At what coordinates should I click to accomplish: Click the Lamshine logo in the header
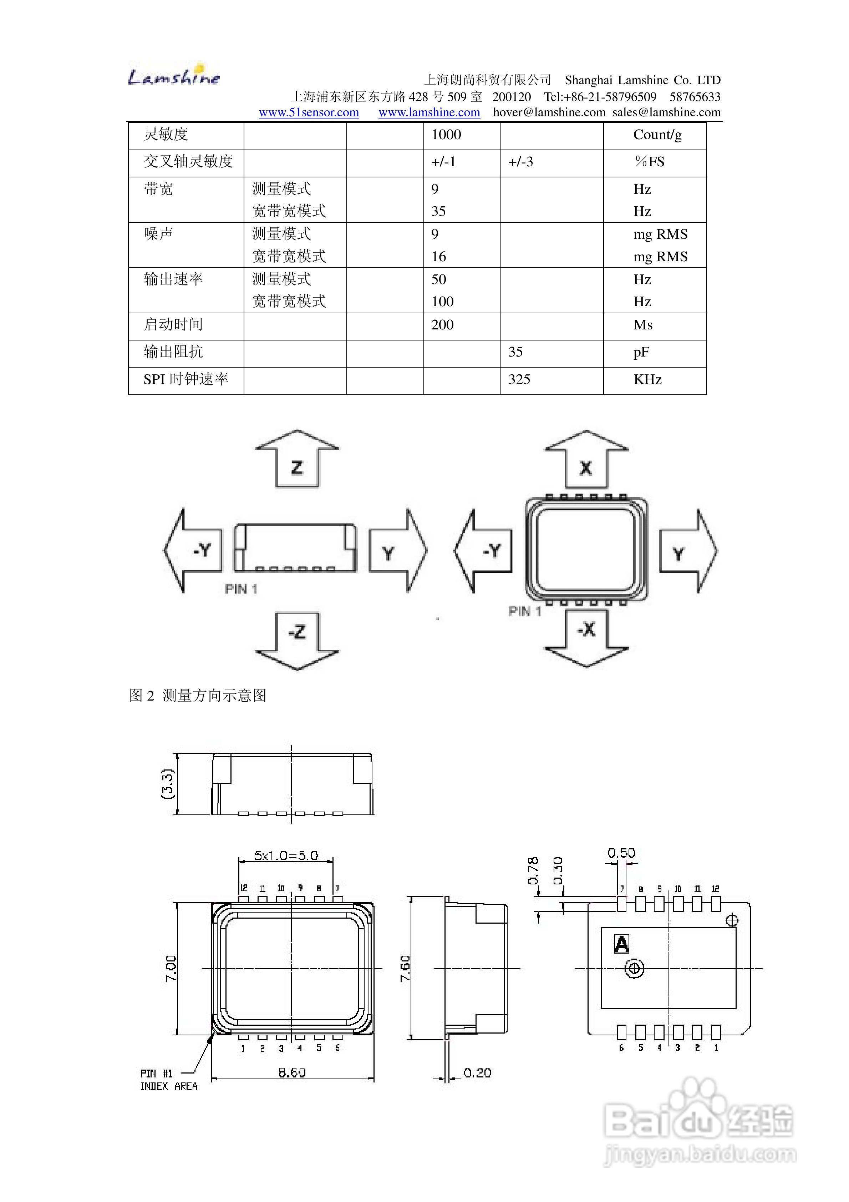point(174,76)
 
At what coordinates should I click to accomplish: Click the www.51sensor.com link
point(309,112)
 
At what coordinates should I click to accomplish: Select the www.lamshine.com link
point(429,112)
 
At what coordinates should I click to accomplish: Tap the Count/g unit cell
point(657,135)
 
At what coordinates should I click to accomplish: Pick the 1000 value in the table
point(446,135)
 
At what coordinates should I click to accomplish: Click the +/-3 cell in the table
point(520,162)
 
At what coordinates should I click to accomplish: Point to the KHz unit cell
point(647,380)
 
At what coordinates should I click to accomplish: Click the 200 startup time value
point(442,325)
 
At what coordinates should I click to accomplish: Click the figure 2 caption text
point(198,696)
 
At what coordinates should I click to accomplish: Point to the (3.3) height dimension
point(167,784)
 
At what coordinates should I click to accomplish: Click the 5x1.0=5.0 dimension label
point(286,855)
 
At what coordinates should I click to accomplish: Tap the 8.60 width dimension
point(291,1073)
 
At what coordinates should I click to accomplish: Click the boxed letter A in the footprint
point(621,944)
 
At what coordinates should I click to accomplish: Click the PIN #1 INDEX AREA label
point(168,1080)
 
